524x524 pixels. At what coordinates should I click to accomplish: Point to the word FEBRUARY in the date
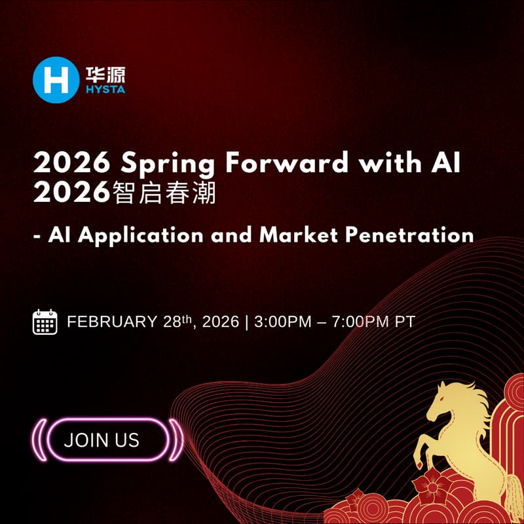112,322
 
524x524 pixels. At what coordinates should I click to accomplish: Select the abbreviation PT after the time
404,322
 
